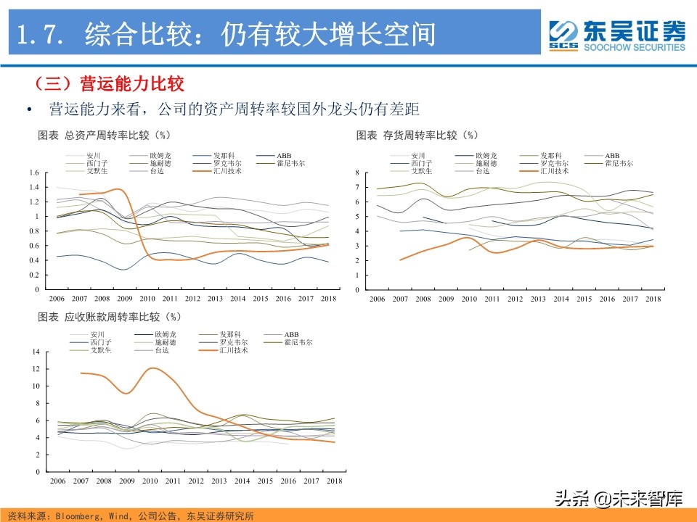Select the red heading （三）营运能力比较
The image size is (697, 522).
click(x=109, y=84)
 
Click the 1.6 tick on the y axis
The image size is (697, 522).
click(x=33, y=173)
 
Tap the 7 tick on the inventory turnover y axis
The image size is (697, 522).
click(x=358, y=187)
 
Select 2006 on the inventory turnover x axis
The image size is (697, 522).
click(x=376, y=299)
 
